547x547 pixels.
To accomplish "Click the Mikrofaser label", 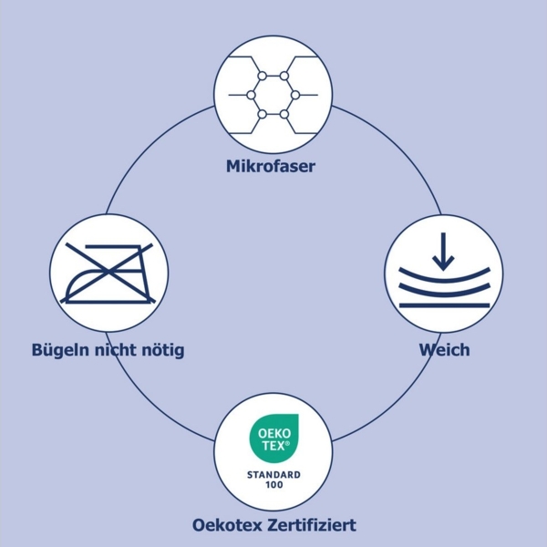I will click(x=271, y=167).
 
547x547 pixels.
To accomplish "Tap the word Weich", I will click(x=444, y=350).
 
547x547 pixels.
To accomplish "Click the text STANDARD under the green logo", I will click(x=272, y=474).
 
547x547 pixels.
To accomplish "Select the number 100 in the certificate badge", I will click(x=272, y=486).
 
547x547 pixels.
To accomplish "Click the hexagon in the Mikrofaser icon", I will click(x=272, y=95).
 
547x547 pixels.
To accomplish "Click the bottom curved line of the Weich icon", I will click(x=443, y=304).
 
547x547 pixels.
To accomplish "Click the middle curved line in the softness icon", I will click(x=443, y=291).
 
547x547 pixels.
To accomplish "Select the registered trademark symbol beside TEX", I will click(x=289, y=442).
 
